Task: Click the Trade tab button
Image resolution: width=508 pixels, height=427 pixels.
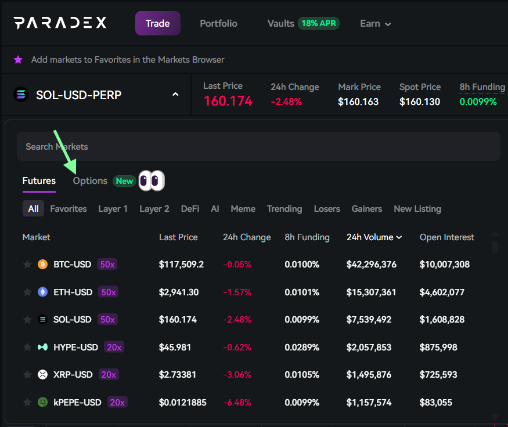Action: pos(158,24)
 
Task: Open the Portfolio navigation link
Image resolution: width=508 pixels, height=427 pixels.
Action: pos(218,24)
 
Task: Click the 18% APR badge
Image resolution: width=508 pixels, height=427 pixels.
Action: pos(319,24)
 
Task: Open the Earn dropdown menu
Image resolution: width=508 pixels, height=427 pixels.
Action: pos(375,24)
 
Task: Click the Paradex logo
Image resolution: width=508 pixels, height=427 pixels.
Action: pos(60,23)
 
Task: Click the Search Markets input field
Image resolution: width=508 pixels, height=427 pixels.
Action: pos(258,147)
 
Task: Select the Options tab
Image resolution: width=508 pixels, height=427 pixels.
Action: pos(90,181)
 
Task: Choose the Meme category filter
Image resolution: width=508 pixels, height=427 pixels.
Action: pos(243,209)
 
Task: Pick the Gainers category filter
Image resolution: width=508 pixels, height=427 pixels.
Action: pos(367,209)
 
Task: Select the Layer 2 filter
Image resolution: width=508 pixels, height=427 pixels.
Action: pos(154,209)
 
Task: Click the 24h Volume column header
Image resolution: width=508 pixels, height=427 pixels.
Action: pos(374,237)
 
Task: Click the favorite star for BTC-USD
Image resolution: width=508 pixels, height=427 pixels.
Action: pos(27,265)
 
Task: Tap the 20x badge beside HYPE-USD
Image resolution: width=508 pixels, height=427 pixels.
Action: pos(114,348)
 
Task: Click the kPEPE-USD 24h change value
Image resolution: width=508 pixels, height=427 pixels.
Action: pos(237,403)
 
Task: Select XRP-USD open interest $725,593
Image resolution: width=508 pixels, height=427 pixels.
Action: pos(441,375)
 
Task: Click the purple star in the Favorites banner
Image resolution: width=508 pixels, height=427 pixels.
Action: pos(18,60)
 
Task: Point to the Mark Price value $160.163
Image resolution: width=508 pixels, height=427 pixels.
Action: pos(358,102)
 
